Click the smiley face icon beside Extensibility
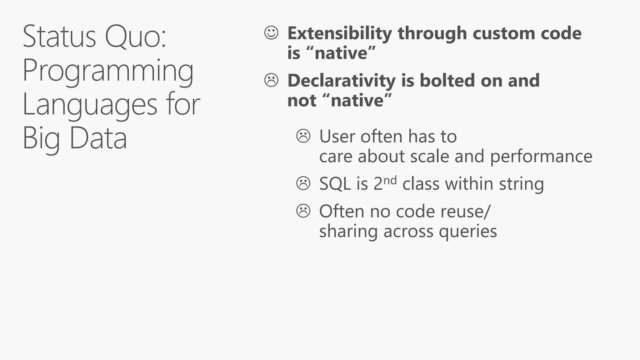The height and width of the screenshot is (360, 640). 271,33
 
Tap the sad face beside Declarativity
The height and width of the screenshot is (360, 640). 271,80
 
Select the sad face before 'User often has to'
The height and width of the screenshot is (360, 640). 303,136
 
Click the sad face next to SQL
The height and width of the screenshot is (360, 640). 303,183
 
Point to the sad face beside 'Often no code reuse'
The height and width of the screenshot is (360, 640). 303,211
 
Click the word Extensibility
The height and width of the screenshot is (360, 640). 339,33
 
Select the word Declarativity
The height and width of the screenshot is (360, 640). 342,81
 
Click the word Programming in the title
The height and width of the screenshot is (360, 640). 108,71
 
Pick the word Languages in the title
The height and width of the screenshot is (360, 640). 90,105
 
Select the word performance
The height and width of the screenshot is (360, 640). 541,157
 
